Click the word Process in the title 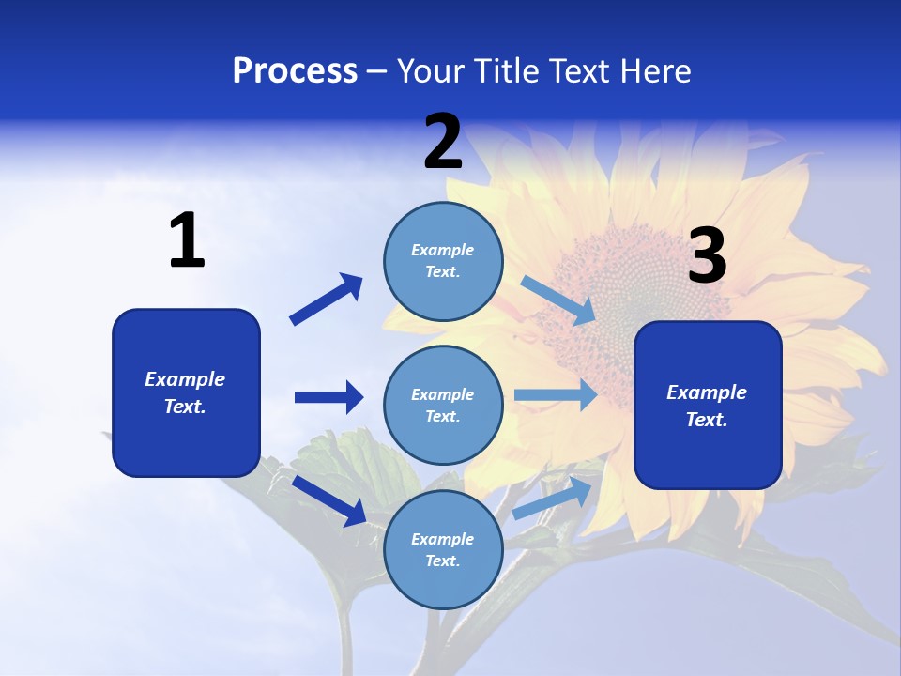tap(295, 71)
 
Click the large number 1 tap(187, 241)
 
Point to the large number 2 tap(443, 142)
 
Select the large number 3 tap(707, 256)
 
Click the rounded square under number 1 tap(186, 392)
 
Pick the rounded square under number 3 tap(708, 406)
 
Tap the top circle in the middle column tap(443, 261)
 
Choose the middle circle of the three tap(443, 406)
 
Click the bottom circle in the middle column tap(443, 549)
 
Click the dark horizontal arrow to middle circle tap(328, 397)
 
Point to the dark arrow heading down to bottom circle tap(329, 500)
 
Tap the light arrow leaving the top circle tap(557, 300)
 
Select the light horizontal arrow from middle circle tap(556, 395)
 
